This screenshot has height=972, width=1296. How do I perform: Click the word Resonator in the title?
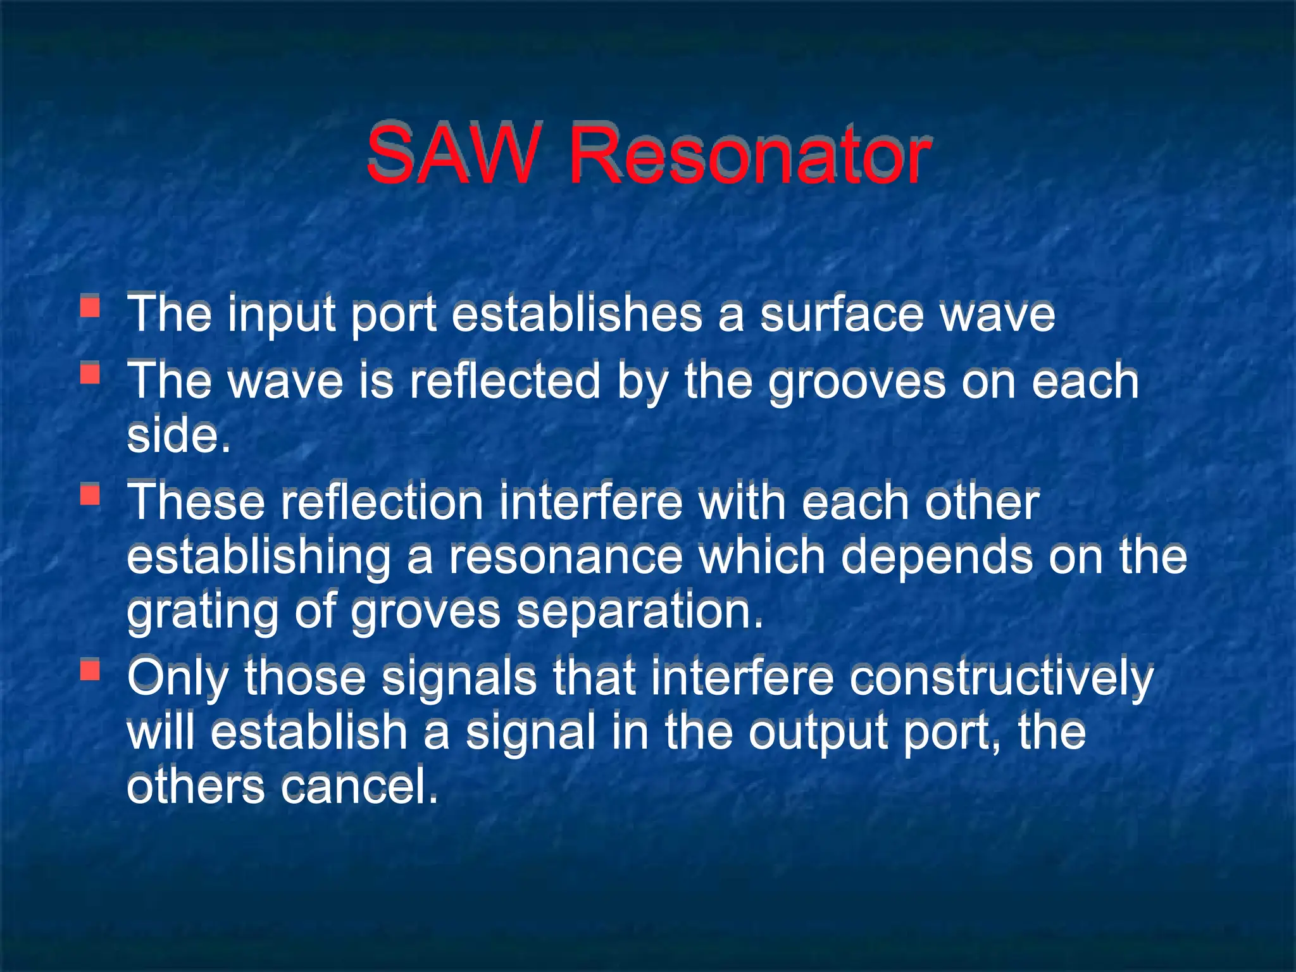(x=750, y=156)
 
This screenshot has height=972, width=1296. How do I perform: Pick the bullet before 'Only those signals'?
(x=90, y=670)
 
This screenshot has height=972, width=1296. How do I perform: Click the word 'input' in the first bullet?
(x=280, y=315)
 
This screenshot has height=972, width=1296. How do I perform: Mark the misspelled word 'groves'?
(x=425, y=613)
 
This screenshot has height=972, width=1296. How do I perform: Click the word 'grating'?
(x=202, y=613)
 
